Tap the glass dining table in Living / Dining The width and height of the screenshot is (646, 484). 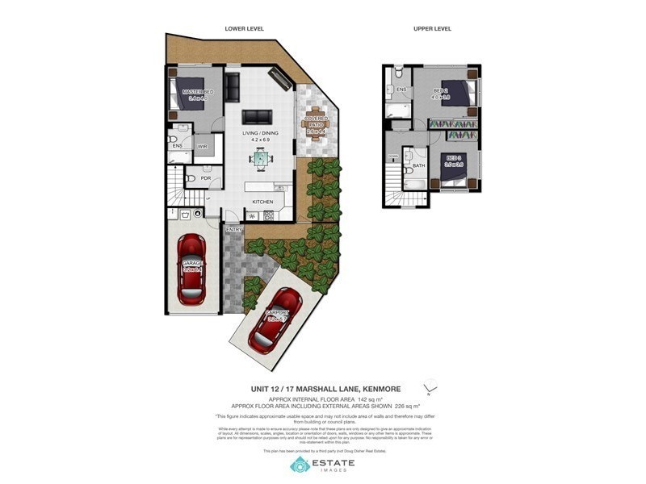pyautogui.click(x=261, y=160)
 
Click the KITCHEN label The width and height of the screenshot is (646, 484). pyautogui.click(x=263, y=202)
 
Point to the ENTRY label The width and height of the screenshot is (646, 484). pyautogui.click(x=233, y=230)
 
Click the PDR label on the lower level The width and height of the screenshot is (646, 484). pyautogui.click(x=206, y=178)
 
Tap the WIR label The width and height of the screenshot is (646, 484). pyautogui.click(x=203, y=146)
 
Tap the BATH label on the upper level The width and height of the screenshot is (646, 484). pyautogui.click(x=418, y=165)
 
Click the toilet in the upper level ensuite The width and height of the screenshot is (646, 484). pyautogui.click(x=389, y=90)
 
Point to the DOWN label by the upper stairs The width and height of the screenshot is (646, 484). pyautogui.click(x=392, y=156)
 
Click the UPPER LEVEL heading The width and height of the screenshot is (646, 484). pyautogui.click(x=432, y=28)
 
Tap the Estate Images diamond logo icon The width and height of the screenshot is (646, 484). pyautogui.click(x=300, y=464)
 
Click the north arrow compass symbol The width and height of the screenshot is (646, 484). pyautogui.click(x=429, y=386)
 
